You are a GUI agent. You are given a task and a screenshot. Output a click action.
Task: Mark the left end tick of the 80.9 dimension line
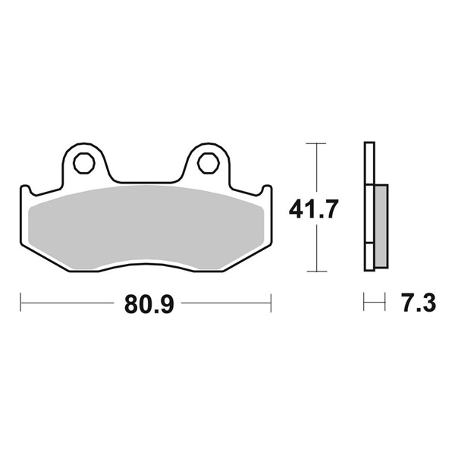click(20, 305)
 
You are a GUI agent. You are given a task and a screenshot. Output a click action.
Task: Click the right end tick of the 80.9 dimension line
click(271, 305)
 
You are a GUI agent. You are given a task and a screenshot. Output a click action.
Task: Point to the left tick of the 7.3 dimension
click(365, 305)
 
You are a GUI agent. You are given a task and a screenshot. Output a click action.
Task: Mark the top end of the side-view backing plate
click(369, 145)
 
